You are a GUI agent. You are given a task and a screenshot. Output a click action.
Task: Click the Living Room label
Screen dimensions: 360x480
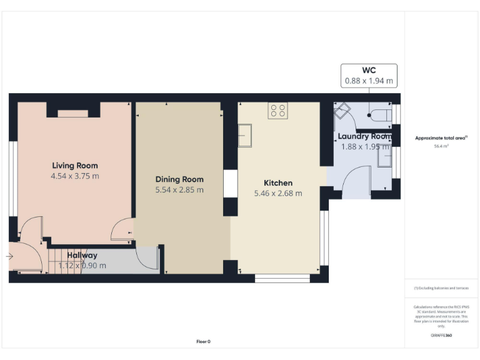coord(74,166)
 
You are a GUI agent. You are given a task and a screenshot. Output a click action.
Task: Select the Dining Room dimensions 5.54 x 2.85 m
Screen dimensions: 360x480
coord(179,189)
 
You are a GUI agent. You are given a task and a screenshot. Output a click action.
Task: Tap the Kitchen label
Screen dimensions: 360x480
coord(277,182)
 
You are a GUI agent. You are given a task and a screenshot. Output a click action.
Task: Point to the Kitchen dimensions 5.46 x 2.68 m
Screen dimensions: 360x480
coord(277,193)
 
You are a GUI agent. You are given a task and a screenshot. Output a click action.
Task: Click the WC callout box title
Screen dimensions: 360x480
coord(369,69)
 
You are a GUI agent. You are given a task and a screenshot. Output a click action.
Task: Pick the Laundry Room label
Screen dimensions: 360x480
coord(364,136)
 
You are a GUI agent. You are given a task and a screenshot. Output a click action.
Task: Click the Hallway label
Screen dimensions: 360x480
coord(82,255)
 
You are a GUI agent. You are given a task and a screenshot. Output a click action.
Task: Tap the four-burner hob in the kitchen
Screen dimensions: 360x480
coord(277,111)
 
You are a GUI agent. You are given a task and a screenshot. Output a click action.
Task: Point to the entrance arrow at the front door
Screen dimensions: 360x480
coord(10,256)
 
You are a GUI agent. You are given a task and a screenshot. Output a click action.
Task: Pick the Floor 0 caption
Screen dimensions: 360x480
coord(203,341)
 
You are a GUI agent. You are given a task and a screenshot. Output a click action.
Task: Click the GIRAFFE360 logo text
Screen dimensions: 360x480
coord(441,336)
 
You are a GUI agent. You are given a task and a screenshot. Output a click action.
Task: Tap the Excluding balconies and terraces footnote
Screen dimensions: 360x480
coord(441,287)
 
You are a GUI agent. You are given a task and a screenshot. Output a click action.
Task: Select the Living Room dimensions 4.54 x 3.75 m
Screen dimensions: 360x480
coord(74,176)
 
